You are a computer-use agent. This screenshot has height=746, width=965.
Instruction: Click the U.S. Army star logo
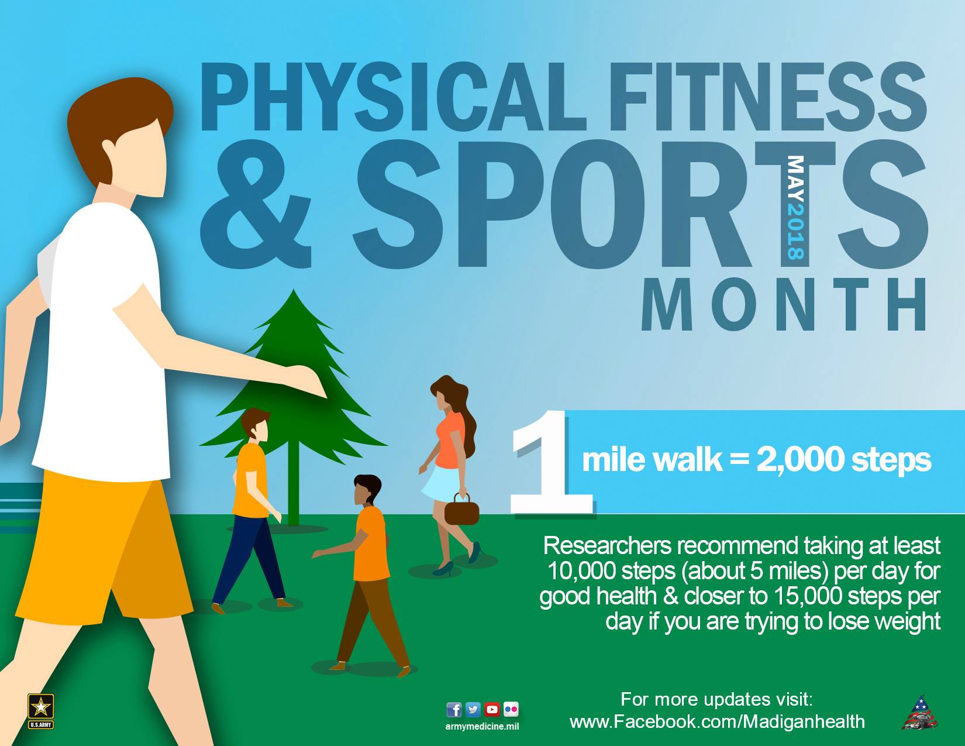pos(40,711)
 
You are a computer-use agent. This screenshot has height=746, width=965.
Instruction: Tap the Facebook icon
pos(453,710)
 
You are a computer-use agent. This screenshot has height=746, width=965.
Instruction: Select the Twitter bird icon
pos(473,710)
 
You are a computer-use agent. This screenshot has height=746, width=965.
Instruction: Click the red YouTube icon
pos(492,710)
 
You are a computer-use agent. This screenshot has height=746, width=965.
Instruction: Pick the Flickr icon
pos(511,710)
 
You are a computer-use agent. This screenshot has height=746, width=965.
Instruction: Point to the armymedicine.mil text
pos(482,727)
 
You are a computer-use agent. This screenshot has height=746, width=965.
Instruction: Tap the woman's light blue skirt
pos(442,484)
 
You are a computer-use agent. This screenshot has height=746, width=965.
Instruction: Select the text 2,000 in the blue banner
pos(799,460)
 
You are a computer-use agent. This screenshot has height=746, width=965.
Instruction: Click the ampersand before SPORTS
pos(256,204)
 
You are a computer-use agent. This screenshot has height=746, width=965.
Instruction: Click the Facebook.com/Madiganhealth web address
pos(717,721)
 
